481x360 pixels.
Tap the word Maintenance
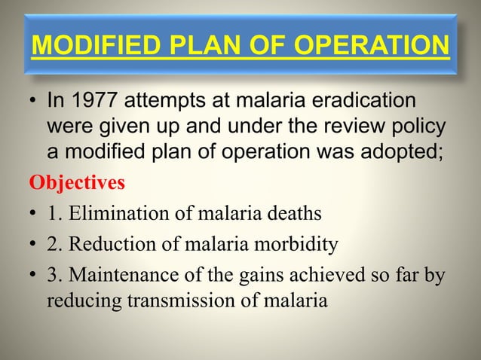pyautogui.click(x=124, y=274)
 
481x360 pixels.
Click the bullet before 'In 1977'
pyautogui.click(x=34, y=101)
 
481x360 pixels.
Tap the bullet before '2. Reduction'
pyautogui.click(x=34, y=245)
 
